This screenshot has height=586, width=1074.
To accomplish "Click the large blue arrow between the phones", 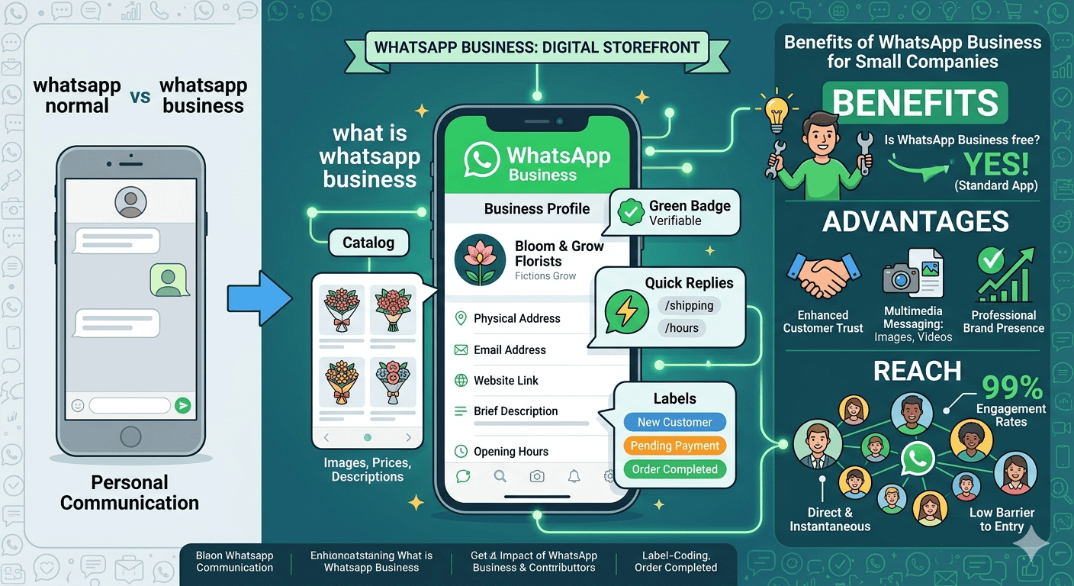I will pyautogui.click(x=259, y=300).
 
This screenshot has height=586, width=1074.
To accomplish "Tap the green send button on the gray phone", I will pyautogui.click(x=182, y=405).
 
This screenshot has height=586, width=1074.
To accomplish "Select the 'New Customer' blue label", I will pyautogui.click(x=674, y=422).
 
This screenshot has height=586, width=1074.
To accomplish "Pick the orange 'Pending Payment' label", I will pyautogui.click(x=674, y=446).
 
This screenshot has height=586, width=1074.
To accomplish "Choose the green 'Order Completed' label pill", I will pyautogui.click(x=674, y=469).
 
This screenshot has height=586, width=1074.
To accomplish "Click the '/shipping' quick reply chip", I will pyautogui.click(x=689, y=306).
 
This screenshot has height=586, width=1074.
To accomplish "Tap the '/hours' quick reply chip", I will pyautogui.click(x=682, y=328).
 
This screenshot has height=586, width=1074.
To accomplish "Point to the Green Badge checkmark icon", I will pyautogui.click(x=631, y=213).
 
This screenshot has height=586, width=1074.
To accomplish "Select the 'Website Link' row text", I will pyautogui.click(x=506, y=380).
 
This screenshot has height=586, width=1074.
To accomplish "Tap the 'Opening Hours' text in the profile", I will pyautogui.click(x=510, y=451).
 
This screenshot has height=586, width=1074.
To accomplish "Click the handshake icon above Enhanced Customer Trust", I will pyautogui.click(x=822, y=275).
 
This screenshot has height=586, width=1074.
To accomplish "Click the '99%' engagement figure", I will pyautogui.click(x=1011, y=388).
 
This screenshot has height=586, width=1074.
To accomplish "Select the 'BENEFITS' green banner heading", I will pyautogui.click(x=915, y=103).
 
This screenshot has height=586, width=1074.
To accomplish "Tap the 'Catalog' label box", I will pyautogui.click(x=368, y=243).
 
